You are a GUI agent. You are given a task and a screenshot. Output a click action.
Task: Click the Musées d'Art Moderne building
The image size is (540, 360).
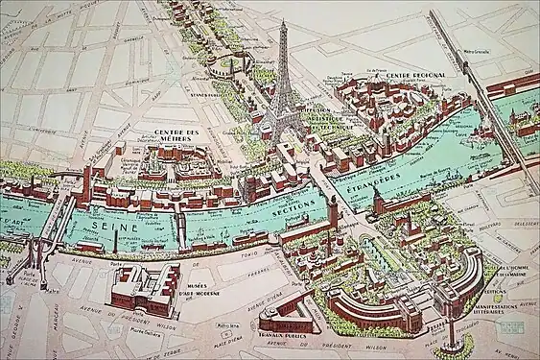(145, 287)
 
